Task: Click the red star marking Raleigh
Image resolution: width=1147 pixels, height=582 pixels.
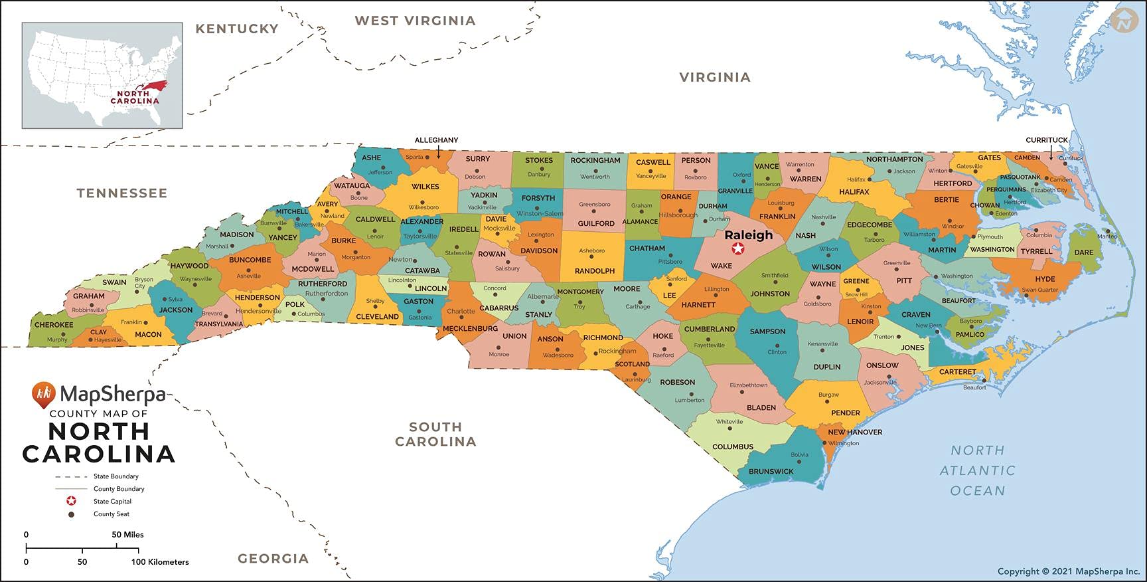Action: tap(737, 249)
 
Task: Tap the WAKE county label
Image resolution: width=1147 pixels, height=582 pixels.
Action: tap(722, 266)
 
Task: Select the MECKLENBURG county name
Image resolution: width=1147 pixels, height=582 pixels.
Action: tap(470, 329)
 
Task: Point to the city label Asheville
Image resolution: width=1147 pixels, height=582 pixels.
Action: tap(249, 276)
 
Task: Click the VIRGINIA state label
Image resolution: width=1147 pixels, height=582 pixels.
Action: tap(715, 78)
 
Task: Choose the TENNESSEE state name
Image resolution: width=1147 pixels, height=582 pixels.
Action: tap(121, 193)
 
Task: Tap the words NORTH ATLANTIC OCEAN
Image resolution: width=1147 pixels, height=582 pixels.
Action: tap(977, 470)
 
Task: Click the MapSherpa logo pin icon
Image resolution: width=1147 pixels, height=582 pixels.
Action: tap(43, 394)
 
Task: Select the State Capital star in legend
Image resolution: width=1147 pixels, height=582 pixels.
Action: tap(71, 501)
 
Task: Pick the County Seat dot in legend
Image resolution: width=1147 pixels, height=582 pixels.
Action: tap(71, 514)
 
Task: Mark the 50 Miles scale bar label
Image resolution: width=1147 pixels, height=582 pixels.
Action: tap(127, 534)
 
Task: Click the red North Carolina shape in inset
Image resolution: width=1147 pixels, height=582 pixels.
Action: tap(151, 87)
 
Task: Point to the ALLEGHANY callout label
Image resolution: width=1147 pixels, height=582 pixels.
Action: tap(436, 140)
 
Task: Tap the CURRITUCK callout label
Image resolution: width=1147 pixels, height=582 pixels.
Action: tap(1047, 140)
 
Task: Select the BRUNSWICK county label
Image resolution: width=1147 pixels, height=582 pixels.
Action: tap(771, 472)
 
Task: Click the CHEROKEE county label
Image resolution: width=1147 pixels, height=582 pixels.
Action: tap(54, 325)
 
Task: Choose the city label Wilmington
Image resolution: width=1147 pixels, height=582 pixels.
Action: tap(844, 443)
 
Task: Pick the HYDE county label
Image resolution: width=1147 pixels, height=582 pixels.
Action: tap(1045, 279)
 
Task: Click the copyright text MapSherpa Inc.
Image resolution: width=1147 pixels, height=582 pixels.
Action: tap(1069, 571)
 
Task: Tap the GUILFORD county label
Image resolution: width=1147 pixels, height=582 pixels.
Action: tap(595, 224)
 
